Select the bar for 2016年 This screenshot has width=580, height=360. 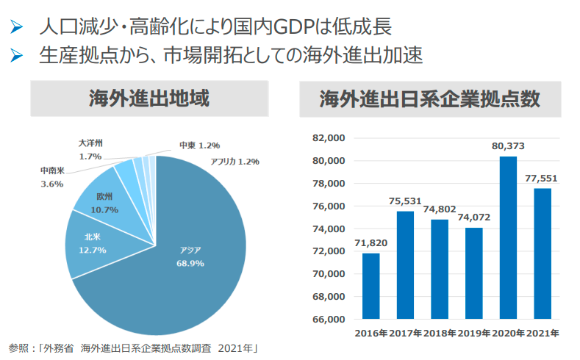371,287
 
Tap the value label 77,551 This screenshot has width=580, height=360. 543,178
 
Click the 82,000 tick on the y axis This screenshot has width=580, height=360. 329,138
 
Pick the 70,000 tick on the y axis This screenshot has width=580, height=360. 329,274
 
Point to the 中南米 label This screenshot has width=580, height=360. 51,170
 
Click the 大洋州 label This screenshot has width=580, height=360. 90,143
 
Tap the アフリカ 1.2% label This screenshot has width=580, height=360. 235,162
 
